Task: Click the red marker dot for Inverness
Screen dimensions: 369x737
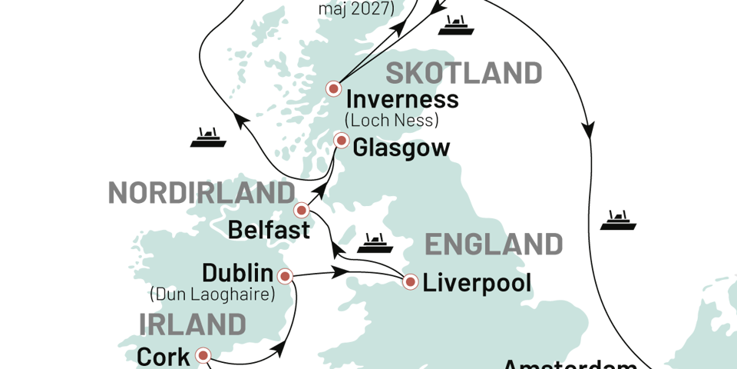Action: [334, 88]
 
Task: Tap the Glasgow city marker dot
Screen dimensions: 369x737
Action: [342, 141]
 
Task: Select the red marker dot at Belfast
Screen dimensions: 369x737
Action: [302, 209]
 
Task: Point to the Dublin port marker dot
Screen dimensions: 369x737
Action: [285, 276]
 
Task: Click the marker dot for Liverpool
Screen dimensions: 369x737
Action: [411, 282]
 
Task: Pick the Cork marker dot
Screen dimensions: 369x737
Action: [203, 355]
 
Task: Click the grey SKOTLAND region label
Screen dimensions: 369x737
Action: [464, 74]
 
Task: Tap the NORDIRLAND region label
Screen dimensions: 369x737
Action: [200, 192]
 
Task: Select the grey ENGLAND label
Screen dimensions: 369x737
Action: [494, 245]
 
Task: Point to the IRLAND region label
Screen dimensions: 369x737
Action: [192, 324]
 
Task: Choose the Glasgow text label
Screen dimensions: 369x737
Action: [402, 148]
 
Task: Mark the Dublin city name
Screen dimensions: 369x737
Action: [237, 273]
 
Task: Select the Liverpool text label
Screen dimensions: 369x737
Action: [478, 283]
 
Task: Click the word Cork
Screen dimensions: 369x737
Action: [163, 357]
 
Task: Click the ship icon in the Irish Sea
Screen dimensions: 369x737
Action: [374, 244]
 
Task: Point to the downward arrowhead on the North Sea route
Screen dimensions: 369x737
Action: [589, 128]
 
